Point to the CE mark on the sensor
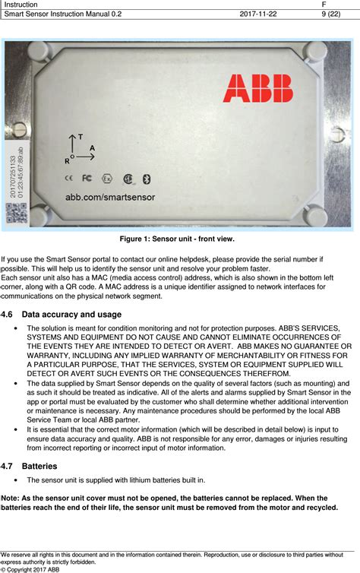point(68,179)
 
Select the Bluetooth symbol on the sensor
point(148,179)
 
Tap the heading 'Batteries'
point(39,466)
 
